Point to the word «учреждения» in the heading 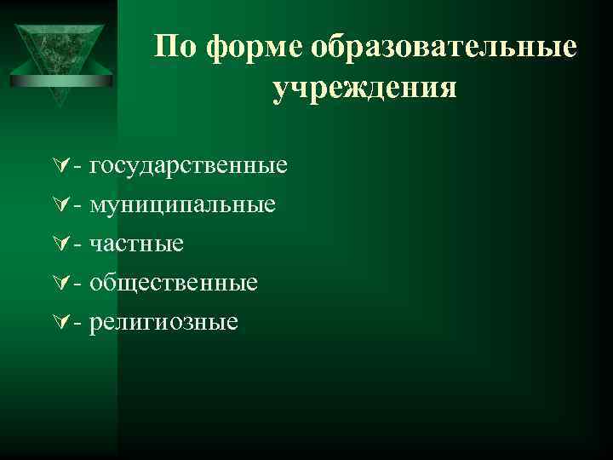click(364, 87)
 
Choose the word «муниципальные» click(182, 204)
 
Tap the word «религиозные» click(164, 322)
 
